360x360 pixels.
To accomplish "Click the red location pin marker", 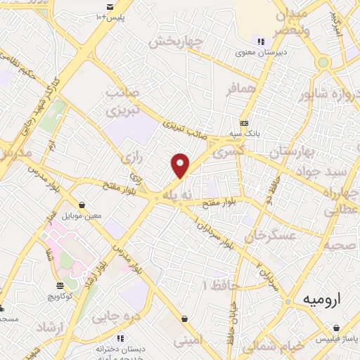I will pyautogui.click(x=181, y=165).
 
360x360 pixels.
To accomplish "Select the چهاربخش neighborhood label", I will pyautogui.click(x=175, y=41).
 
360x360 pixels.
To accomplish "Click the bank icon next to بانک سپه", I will pyautogui.click(x=244, y=122).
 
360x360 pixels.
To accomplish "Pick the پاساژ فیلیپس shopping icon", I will pyautogui.click(x=339, y=328).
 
